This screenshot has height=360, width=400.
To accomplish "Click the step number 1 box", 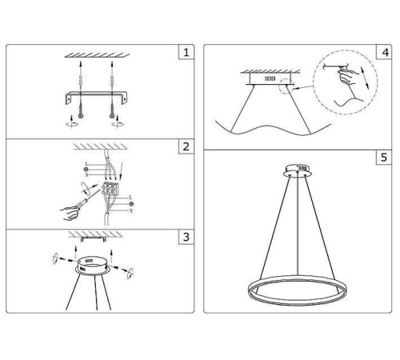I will click(x=186, y=54).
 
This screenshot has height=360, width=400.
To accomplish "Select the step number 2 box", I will click(x=186, y=147).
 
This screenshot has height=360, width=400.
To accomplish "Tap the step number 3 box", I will click(x=186, y=238).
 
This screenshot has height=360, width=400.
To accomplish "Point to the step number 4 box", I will click(x=386, y=54).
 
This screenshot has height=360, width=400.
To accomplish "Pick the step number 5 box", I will click(x=386, y=158).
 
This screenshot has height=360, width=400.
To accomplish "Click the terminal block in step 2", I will click(x=110, y=190).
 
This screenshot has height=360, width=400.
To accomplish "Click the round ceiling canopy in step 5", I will click(x=298, y=170).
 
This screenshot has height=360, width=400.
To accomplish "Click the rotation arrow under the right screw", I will click(x=119, y=123).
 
